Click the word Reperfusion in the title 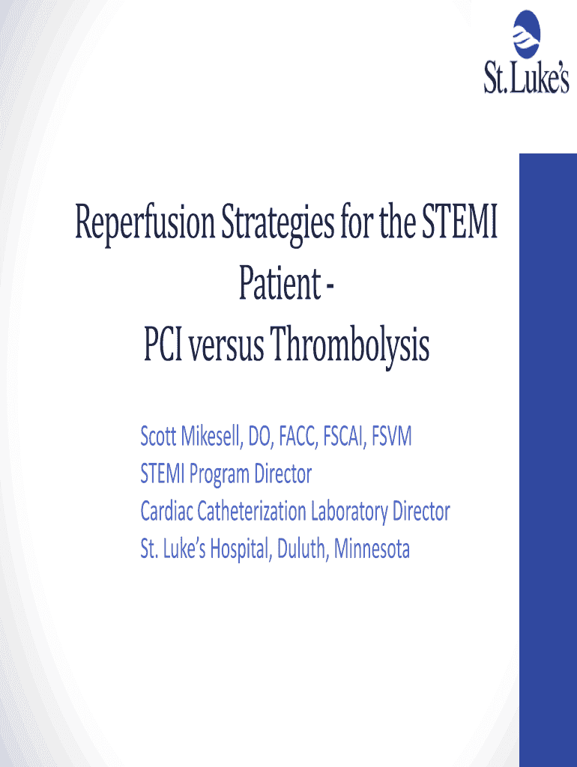(145, 223)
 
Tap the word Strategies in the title (278, 224)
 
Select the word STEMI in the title (459, 221)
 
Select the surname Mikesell (211, 436)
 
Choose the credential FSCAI (344, 436)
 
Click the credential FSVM (391, 436)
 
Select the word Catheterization (252, 512)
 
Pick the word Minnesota (372, 549)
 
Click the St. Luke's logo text (527, 78)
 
